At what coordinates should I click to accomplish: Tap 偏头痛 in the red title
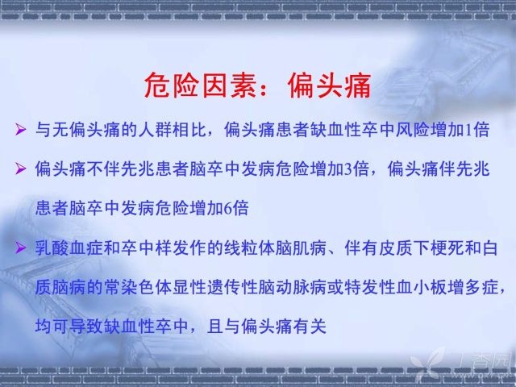tap(330, 86)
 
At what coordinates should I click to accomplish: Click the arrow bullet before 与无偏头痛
tap(20, 129)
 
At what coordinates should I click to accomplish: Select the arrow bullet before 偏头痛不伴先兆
tap(20, 169)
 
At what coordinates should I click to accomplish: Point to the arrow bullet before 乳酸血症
tap(20, 248)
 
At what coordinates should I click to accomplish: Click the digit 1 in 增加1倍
tap(468, 130)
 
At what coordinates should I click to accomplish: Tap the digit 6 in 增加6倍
tap(227, 209)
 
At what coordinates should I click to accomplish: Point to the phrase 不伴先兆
tap(121, 169)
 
